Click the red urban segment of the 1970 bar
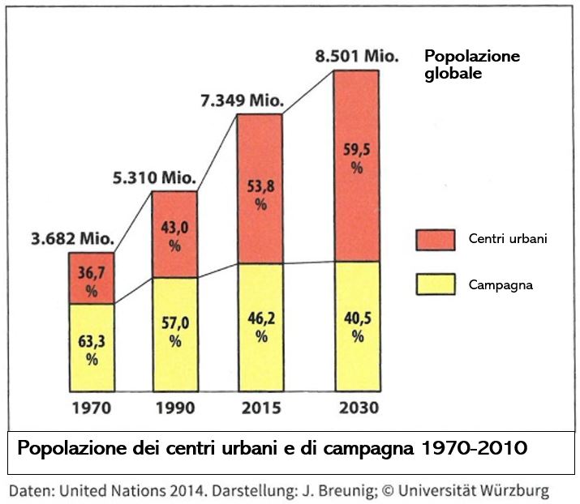point(92,277)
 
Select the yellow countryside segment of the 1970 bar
point(92,347)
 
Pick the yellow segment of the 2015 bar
point(260,327)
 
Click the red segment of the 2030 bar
point(356,166)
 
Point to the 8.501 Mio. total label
point(357,58)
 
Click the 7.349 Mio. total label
point(242,101)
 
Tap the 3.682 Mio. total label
point(73,240)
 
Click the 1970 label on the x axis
point(92,408)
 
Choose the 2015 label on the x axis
point(260,408)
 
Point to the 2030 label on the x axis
point(357,408)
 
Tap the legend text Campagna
point(501,285)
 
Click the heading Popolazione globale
point(472,65)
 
